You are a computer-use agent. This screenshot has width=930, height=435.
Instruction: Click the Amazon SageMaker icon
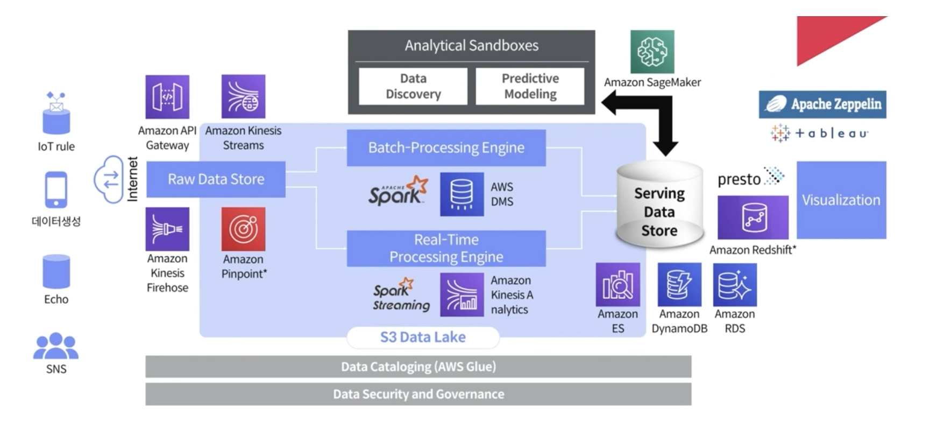pos(652,52)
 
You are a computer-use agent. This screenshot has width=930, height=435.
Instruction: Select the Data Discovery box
pos(413,86)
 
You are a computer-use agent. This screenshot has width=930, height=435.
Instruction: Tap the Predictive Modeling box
pos(530,86)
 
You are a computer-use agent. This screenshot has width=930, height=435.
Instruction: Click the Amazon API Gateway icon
pos(167,97)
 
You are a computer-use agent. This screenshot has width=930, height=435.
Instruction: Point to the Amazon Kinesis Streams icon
pos(243,97)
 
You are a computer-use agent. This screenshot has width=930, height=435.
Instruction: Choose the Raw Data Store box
pos(216,179)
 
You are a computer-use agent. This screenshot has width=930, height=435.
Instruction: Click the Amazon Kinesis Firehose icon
pos(167,229)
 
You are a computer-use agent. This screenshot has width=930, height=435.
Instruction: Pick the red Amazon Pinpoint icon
pos(243,229)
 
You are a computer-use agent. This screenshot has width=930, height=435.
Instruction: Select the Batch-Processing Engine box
pos(446,148)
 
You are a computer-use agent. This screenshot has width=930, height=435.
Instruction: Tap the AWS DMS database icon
pos(462,194)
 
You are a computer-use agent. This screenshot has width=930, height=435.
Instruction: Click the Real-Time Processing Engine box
pos(446,248)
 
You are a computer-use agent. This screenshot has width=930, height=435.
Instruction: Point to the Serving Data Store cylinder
pos(659,207)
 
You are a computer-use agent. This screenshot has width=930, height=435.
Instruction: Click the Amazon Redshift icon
pos(752,217)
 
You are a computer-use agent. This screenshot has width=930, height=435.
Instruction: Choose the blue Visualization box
pos(841,200)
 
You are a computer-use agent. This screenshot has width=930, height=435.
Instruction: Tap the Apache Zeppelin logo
pos(822,104)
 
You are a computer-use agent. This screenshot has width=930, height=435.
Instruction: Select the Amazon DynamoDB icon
pos(679,284)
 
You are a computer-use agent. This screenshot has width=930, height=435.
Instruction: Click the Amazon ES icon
pos(617,284)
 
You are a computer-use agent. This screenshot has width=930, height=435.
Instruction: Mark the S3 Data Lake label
pos(423,338)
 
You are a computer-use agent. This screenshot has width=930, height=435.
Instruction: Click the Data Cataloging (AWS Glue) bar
pos(418,367)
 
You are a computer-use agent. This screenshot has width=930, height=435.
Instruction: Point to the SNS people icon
pos(56,346)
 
